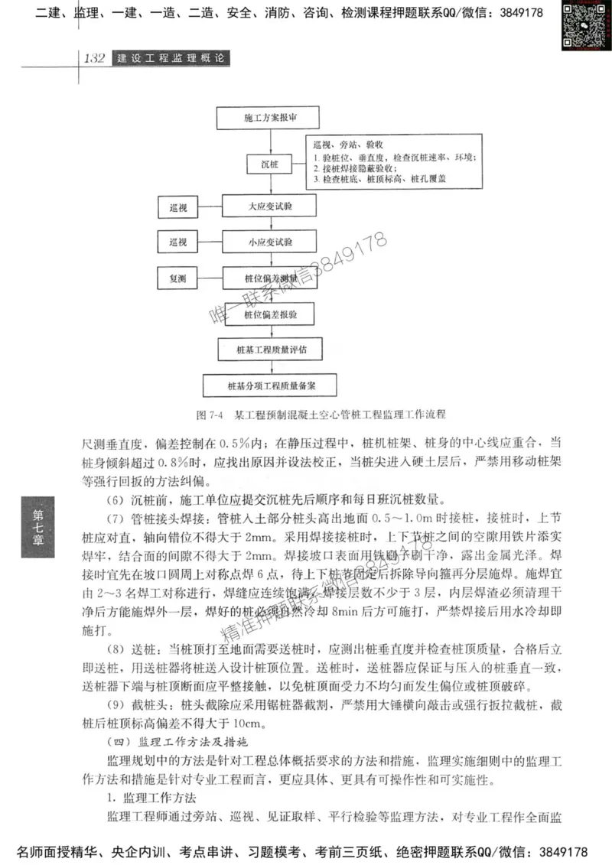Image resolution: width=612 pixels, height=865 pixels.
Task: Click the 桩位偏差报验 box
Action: pos(260,314)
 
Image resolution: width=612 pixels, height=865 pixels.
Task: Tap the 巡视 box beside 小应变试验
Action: pos(178,242)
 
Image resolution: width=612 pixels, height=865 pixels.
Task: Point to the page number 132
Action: pos(93,59)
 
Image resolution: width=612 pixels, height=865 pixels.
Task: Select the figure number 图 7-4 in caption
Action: pos(208,415)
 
